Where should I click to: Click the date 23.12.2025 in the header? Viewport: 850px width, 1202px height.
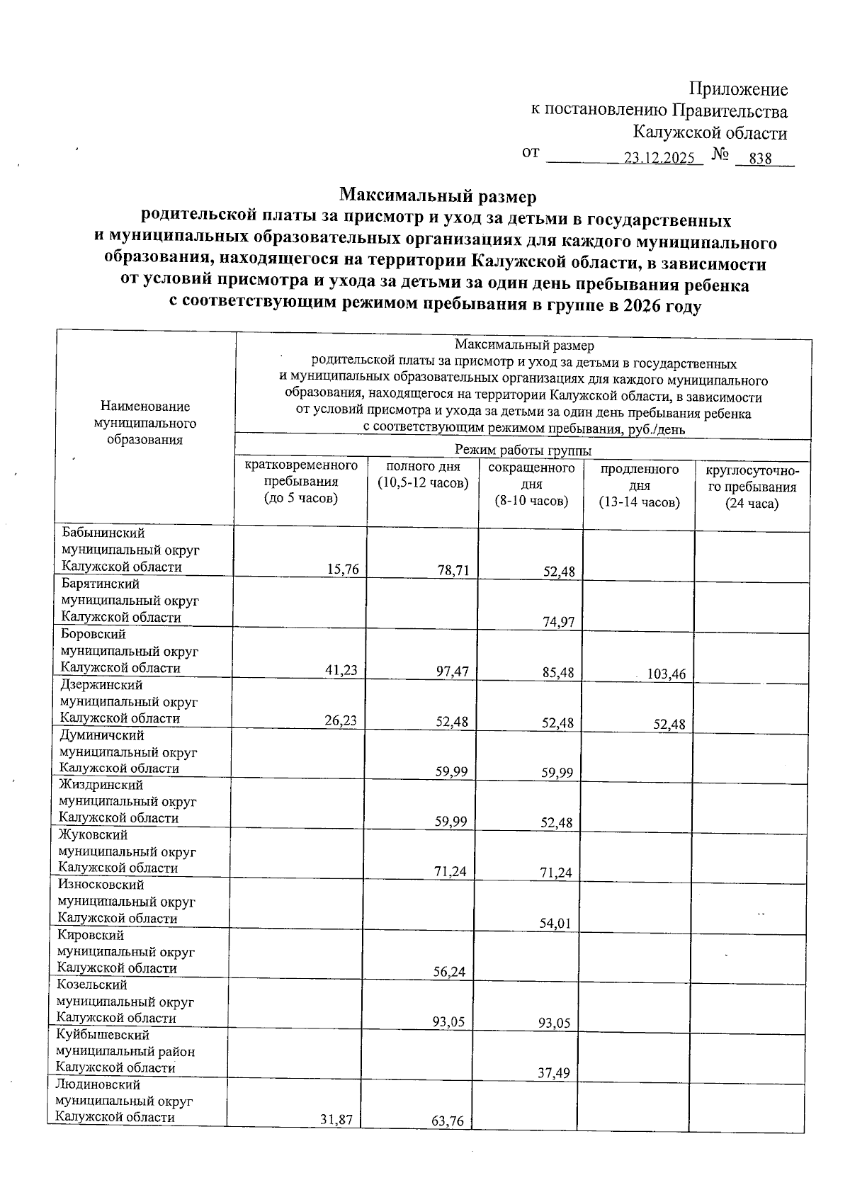tap(659, 159)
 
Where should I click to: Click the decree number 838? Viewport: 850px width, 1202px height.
tap(760, 159)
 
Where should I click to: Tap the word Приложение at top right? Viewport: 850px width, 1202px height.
tap(739, 90)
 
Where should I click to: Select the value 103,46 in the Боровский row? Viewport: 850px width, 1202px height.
tap(667, 674)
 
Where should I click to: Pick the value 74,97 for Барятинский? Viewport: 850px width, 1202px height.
tap(558, 623)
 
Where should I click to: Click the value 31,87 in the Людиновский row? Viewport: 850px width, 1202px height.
tap(336, 1121)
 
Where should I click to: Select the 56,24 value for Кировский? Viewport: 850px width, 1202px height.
tap(450, 972)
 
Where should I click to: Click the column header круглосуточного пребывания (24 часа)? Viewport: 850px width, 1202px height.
tap(752, 487)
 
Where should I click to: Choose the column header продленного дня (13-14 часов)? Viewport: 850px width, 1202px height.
tap(639, 486)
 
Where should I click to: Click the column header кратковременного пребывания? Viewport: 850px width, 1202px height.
tap(301, 482)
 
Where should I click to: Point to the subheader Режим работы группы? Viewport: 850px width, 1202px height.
tap(523, 450)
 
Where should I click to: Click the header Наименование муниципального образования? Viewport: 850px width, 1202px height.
tap(145, 423)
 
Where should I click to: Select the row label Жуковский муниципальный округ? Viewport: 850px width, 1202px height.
tap(127, 851)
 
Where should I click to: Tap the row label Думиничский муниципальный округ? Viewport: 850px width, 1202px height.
tap(128, 752)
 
